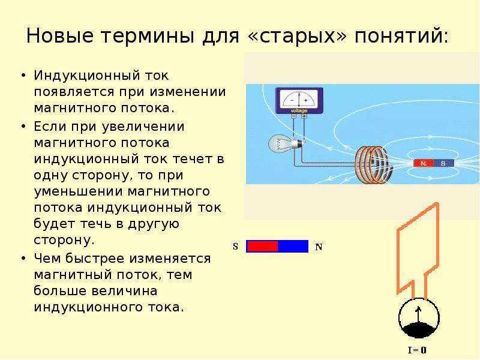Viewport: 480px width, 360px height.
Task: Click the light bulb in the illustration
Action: coord(281,143)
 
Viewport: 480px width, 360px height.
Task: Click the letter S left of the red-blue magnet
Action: coord(236,247)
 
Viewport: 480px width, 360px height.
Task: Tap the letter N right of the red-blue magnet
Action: coord(319,247)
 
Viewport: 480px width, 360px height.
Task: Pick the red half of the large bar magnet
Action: coord(262,246)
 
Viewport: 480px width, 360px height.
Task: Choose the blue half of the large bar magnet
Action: coord(293,246)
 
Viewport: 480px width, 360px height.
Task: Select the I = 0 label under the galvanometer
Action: coord(418,350)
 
